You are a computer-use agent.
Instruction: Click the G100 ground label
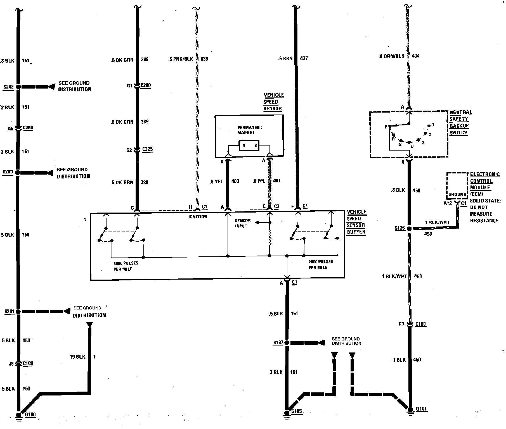(x=30, y=414)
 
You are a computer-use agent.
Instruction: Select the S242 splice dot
(x=18, y=87)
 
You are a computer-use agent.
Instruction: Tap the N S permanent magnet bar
(x=249, y=146)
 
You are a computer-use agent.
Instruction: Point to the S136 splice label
(x=400, y=228)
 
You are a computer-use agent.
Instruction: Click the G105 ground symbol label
(x=296, y=411)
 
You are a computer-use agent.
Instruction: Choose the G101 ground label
(x=421, y=409)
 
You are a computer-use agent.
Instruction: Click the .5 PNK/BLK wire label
(x=181, y=59)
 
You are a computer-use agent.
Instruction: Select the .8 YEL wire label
(x=217, y=182)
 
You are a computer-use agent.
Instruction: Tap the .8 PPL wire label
(x=259, y=181)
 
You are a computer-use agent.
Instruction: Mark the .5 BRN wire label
(x=285, y=58)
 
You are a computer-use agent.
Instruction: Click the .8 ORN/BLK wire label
(x=391, y=56)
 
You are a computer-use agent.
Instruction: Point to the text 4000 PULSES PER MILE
(x=126, y=266)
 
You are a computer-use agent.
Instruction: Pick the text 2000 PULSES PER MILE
(x=320, y=264)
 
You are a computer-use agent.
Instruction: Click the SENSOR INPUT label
(x=243, y=223)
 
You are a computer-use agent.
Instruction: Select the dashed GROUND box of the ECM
(x=457, y=186)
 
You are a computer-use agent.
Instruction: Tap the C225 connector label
(x=147, y=149)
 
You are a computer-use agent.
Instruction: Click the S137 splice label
(x=278, y=342)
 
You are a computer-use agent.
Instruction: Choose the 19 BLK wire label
(x=77, y=357)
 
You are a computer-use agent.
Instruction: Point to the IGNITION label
(x=198, y=216)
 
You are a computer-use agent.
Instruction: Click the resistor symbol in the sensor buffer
(x=270, y=238)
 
